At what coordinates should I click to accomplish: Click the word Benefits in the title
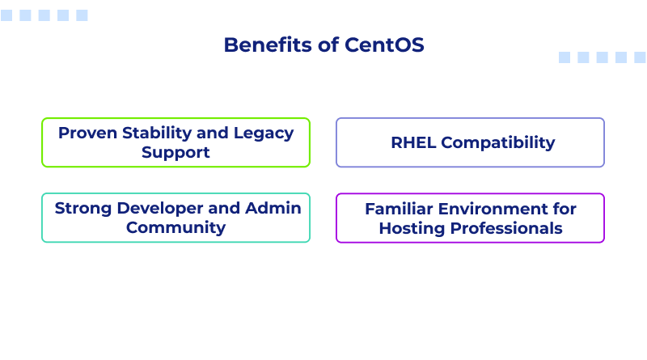click(x=264, y=45)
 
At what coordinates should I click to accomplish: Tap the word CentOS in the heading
click(x=384, y=45)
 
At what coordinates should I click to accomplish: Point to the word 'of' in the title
click(x=325, y=45)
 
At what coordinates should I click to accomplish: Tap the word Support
click(x=175, y=152)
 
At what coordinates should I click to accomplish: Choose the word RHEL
click(x=413, y=143)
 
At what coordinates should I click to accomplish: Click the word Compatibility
click(x=498, y=143)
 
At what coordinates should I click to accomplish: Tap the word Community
click(x=175, y=228)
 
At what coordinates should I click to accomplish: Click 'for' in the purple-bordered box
click(x=564, y=209)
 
